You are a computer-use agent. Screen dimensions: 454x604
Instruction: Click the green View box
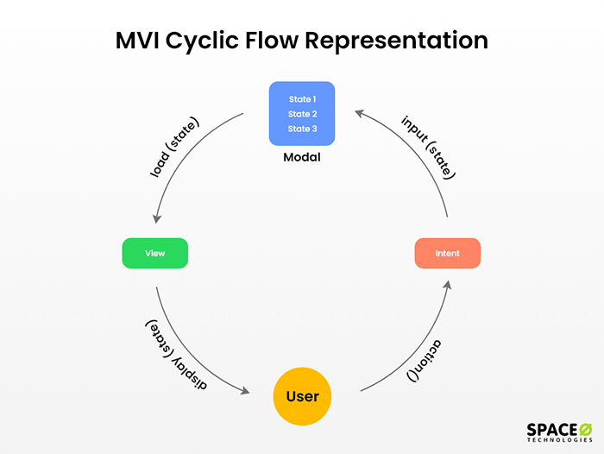(x=155, y=254)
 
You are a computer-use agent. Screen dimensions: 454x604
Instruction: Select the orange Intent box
(x=447, y=254)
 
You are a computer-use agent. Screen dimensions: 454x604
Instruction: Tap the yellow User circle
(x=302, y=397)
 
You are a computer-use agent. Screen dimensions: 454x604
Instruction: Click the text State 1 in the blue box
(x=302, y=99)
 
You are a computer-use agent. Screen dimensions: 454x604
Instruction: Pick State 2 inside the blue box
(x=302, y=114)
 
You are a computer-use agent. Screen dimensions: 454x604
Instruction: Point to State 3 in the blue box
(x=302, y=129)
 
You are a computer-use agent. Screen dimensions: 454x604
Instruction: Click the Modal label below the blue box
(x=302, y=159)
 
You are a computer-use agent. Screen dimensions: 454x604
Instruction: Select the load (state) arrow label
(x=174, y=148)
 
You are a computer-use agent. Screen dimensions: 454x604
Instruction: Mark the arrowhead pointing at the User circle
(x=248, y=390)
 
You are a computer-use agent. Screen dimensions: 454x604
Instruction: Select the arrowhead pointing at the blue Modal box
(x=359, y=112)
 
